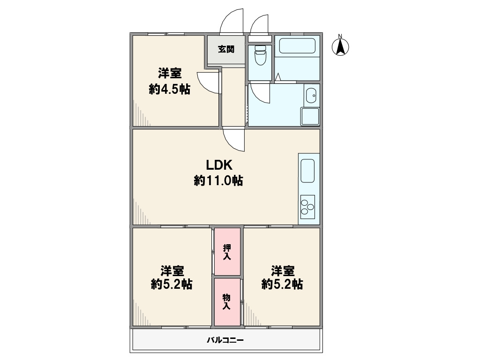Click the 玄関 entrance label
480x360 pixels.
(226, 49)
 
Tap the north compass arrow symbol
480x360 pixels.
(340, 47)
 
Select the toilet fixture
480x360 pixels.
(260, 55)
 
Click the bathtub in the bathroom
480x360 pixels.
(297, 45)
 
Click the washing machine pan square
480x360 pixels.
(310, 116)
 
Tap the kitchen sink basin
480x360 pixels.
(307, 171)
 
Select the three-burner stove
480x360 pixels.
(307, 207)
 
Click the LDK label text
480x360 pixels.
(219, 165)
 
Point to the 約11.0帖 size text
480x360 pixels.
(218, 180)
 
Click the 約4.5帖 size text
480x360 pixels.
(170, 89)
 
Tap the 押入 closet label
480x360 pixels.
(227, 252)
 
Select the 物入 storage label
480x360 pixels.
(226, 301)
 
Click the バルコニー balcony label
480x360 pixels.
(225, 340)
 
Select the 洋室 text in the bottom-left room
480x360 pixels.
(172, 271)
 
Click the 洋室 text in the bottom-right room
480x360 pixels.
(283, 271)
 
